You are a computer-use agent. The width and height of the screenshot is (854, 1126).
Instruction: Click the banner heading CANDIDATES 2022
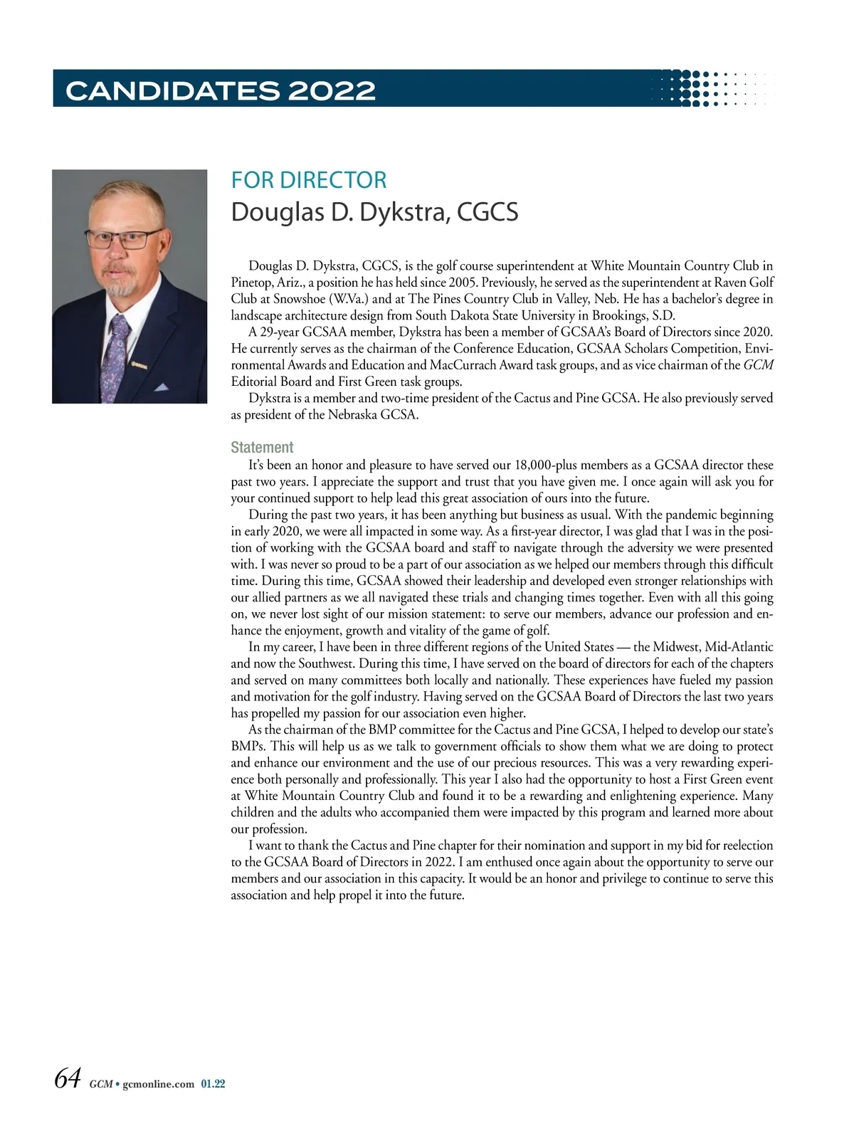point(220,90)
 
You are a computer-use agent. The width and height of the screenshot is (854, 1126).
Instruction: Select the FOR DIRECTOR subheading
point(308,180)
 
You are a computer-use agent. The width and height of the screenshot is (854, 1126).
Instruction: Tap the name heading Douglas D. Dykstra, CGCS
point(374,212)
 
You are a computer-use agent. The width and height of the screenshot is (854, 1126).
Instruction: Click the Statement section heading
point(262,447)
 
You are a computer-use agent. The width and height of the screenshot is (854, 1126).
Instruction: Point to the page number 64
point(68,1078)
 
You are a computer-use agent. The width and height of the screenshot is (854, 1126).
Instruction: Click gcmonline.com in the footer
point(159,1084)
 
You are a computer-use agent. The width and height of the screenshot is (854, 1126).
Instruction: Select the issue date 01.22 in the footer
point(213,1084)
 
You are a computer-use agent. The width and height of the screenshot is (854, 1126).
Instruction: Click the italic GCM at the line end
point(759,365)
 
